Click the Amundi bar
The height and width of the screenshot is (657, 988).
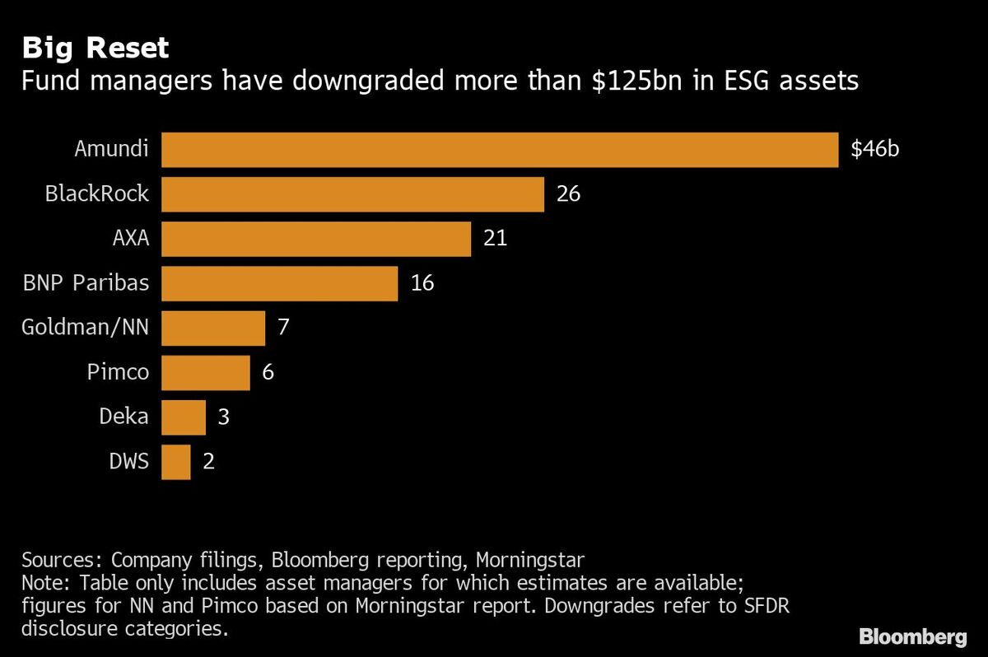pyautogui.click(x=500, y=150)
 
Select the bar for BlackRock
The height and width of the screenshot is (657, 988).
pyautogui.click(x=352, y=194)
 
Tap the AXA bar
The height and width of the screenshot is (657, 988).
pyautogui.click(x=316, y=239)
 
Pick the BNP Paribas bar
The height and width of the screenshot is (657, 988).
pyautogui.click(x=279, y=283)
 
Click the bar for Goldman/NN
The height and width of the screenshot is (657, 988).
pyautogui.click(x=213, y=328)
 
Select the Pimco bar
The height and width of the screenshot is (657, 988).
pyautogui.click(x=206, y=372)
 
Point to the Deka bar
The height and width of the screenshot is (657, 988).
pyautogui.click(x=184, y=417)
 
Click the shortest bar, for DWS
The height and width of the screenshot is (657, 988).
pyautogui.click(x=176, y=461)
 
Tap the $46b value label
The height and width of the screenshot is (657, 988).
pyautogui.click(x=875, y=150)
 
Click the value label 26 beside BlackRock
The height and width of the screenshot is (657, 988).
pyautogui.click(x=568, y=194)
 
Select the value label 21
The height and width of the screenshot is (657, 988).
pyautogui.click(x=495, y=239)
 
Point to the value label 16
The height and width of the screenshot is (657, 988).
pyautogui.click(x=422, y=283)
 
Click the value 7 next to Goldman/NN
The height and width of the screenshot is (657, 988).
pyautogui.click(x=283, y=328)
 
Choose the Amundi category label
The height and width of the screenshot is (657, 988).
pyautogui.click(x=112, y=149)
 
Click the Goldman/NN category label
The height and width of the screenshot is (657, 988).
pyautogui.click(x=86, y=327)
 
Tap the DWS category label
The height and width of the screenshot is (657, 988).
pyautogui.click(x=128, y=460)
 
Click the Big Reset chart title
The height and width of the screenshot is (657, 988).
pyautogui.click(x=96, y=48)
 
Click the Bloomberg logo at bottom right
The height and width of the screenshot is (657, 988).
pyautogui.click(x=912, y=636)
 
